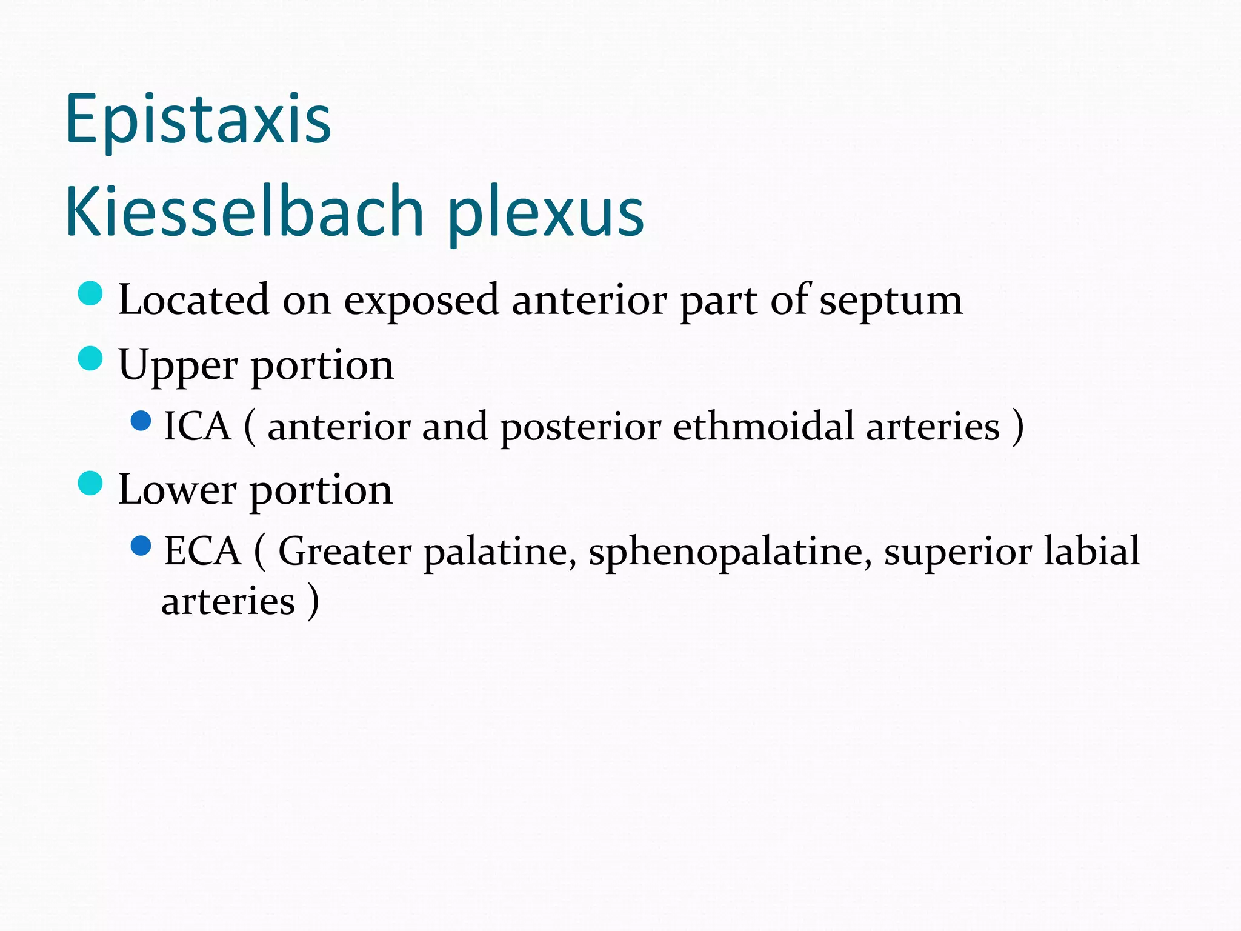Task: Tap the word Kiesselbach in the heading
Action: (x=244, y=212)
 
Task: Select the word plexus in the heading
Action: (x=545, y=213)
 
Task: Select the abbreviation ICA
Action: (x=198, y=426)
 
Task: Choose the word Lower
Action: (x=177, y=490)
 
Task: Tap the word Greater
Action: (x=345, y=552)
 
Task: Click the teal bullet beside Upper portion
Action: (x=90, y=358)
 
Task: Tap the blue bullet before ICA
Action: (x=141, y=421)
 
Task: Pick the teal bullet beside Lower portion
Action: (x=90, y=483)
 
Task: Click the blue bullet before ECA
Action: (x=141, y=546)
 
